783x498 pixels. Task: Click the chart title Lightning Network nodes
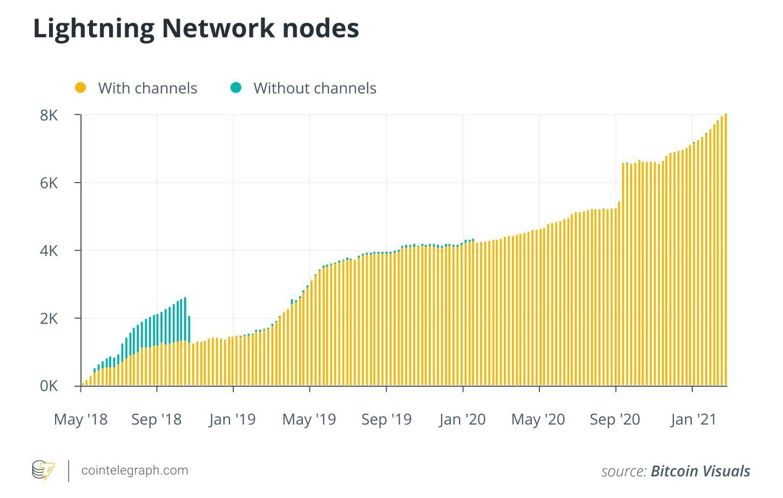tap(196, 28)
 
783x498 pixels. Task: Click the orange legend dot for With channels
tap(80, 88)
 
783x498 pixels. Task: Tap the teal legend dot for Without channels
tap(235, 88)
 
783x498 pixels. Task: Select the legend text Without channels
tap(315, 88)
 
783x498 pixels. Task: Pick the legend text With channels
tap(147, 88)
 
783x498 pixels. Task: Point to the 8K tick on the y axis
tap(49, 115)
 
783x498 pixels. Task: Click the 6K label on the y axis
tap(49, 183)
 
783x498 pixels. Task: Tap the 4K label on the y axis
tap(49, 251)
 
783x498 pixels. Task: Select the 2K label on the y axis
tap(49, 319)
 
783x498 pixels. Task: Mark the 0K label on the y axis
tap(49, 386)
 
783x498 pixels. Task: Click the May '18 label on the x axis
tap(80, 419)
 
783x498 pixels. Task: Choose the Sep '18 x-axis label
tap(157, 419)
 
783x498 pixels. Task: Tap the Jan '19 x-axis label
tap(233, 419)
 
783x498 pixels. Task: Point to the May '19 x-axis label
tap(309, 419)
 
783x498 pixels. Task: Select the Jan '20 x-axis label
tap(462, 419)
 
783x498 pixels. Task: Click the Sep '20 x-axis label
tap(615, 419)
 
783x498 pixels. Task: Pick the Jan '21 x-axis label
tap(693, 419)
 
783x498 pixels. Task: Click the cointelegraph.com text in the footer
tap(134, 470)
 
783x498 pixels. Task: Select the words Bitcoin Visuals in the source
tap(700, 471)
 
